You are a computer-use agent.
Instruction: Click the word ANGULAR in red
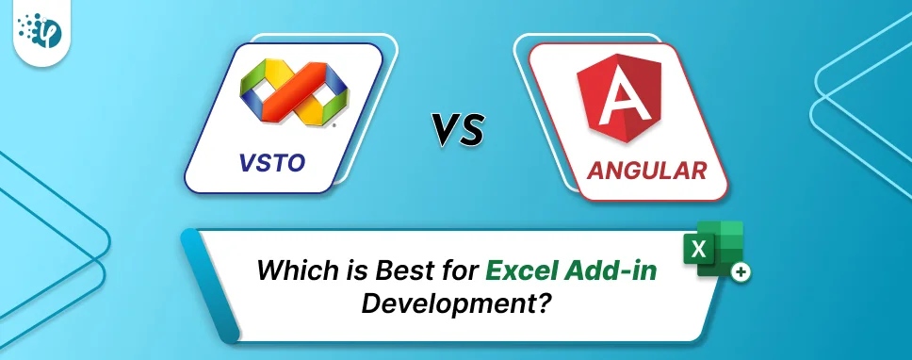coord(646,172)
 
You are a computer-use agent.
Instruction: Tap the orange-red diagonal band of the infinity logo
coord(293,90)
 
